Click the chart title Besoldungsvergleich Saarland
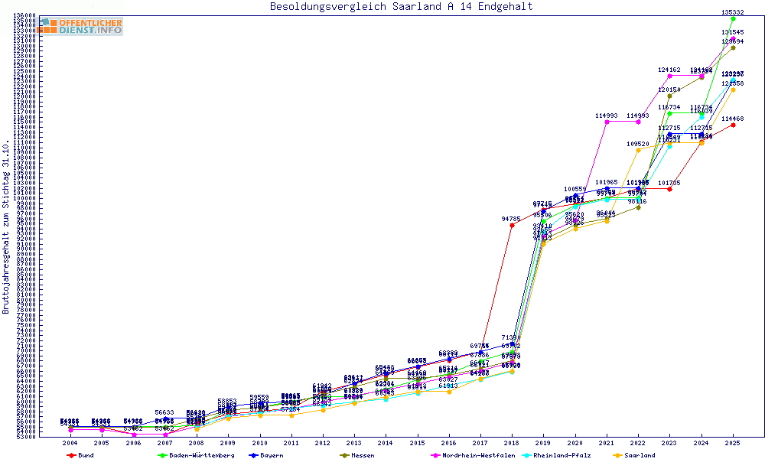(401, 7)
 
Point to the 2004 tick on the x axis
(70, 443)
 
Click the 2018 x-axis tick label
(512, 443)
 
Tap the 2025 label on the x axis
(733, 443)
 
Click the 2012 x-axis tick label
(323, 443)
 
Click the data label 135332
(733, 12)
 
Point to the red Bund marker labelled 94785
(512, 225)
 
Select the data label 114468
(733, 119)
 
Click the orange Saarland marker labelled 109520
(638, 150)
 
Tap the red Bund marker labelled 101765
(669, 189)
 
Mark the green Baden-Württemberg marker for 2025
(733, 19)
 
